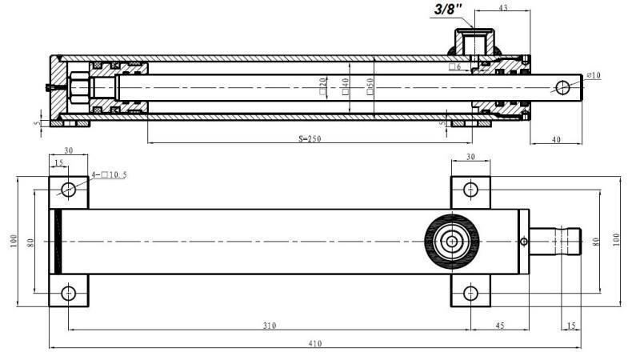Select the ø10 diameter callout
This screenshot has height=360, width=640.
pyautogui.click(x=594, y=75)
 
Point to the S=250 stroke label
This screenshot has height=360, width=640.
pyautogui.click(x=298, y=138)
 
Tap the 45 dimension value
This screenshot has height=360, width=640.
pyautogui.click(x=499, y=325)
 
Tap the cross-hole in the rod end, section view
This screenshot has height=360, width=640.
pyautogui.click(x=566, y=86)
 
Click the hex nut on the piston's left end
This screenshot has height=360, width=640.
pyautogui.click(x=81, y=86)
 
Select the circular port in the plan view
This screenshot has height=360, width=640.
pyautogui.click(x=453, y=242)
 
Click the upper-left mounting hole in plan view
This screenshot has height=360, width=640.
pyautogui.click(x=69, y=190)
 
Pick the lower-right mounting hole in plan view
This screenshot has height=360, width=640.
pyautogui.click(x=471, y=293)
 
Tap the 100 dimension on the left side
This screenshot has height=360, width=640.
pyautogui.click(x=14, y=241)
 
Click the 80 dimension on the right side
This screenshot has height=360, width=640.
pyautogui.click(x=595, y=241)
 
